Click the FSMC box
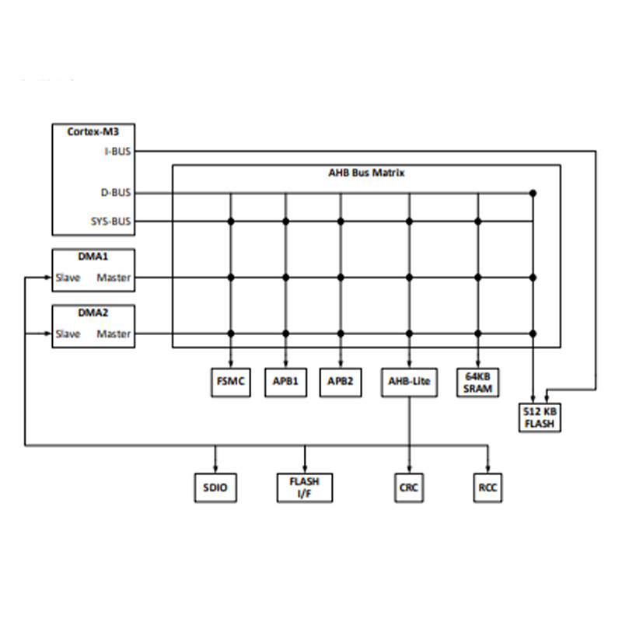230,382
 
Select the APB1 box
285,382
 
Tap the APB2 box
341,382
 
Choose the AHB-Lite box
410,382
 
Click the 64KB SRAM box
477,383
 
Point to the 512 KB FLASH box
540,418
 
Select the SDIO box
215,487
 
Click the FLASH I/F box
305,487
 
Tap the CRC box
409,487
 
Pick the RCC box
487,487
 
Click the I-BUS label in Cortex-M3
117,152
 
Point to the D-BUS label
116,193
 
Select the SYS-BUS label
111,222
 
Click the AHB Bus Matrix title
366,173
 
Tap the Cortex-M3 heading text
93,131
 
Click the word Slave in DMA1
68,278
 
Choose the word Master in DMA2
114,334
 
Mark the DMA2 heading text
93,313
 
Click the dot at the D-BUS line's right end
533,193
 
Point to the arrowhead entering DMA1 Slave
48,278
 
